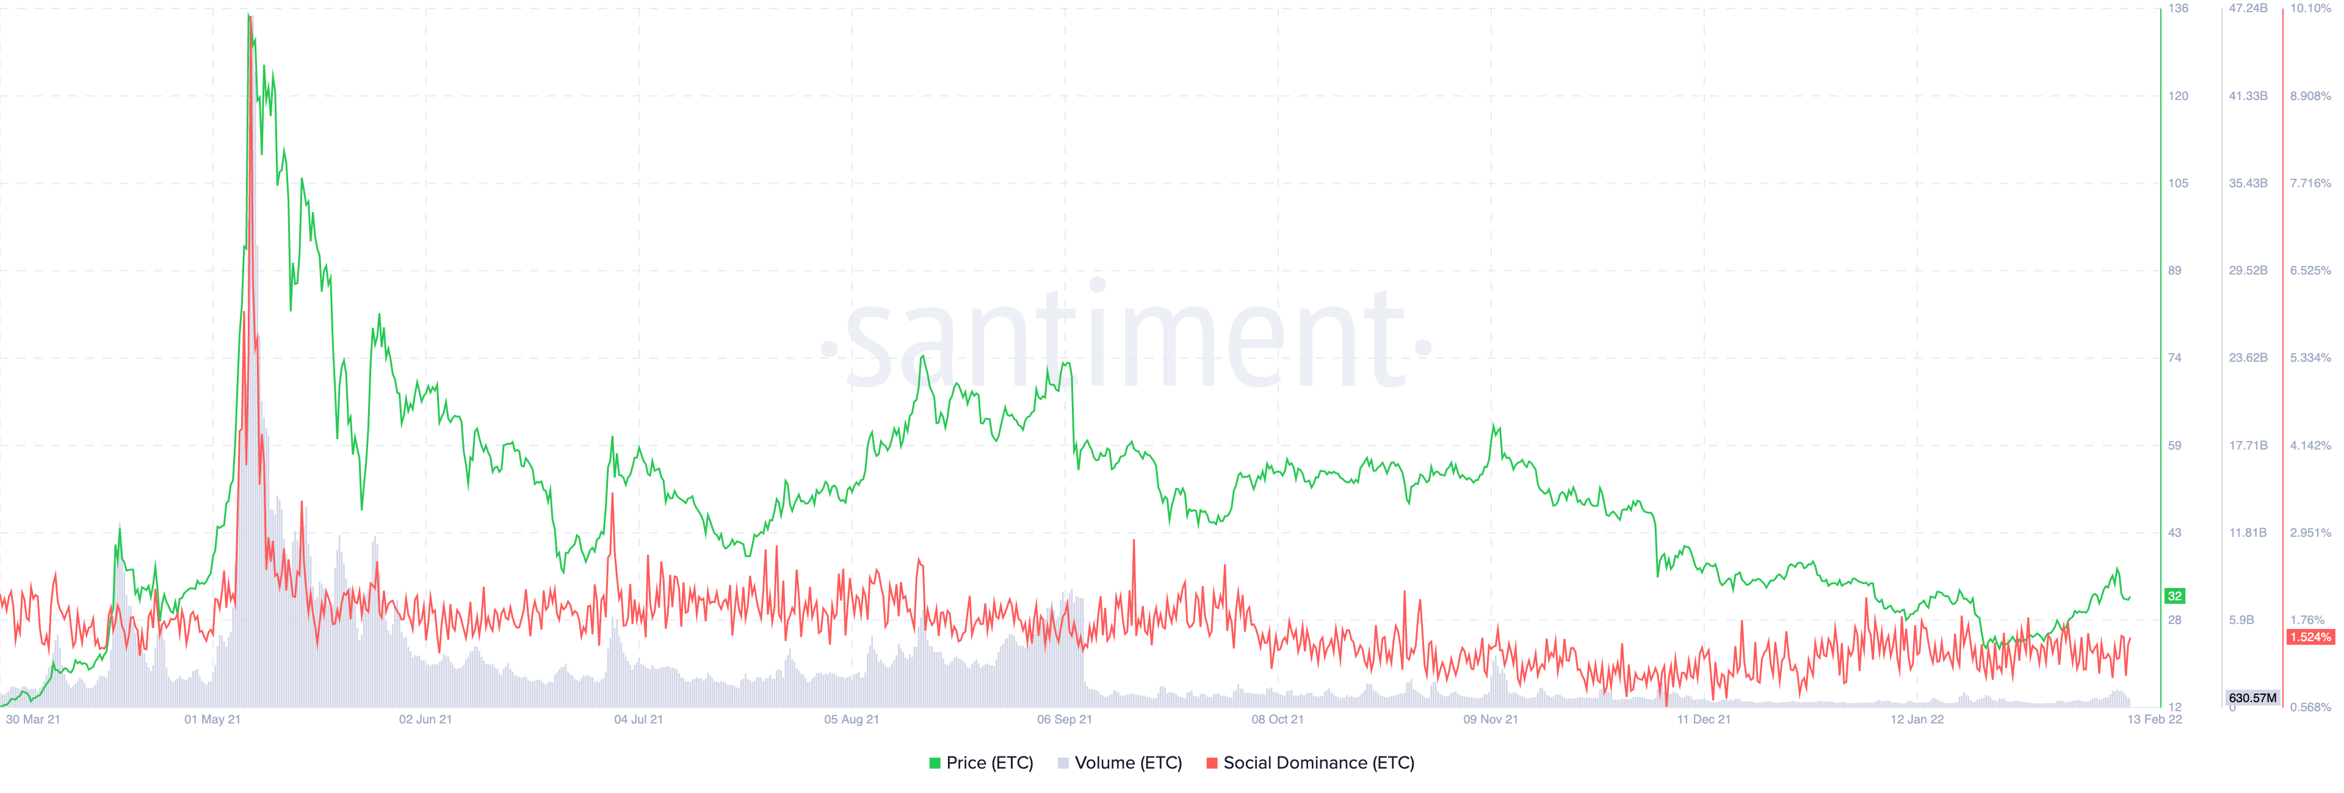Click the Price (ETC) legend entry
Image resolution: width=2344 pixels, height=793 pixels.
pos(981,763)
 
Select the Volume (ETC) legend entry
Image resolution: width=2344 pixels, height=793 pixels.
pos(1120,763)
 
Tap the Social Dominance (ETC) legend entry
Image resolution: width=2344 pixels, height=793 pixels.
pos(1311,763)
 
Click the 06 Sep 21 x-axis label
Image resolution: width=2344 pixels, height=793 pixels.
pos(1065,719)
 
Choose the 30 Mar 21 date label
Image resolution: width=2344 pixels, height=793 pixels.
pos(33,719)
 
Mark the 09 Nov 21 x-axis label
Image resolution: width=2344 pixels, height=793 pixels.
pos(1491,719)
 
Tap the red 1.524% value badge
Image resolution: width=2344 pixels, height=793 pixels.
pos(2310,637)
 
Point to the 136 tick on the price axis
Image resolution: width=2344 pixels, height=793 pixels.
pos(2177,8)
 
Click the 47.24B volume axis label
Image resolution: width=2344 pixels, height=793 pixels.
pos(2248,8)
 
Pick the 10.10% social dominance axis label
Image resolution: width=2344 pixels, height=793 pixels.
pos(2310,8)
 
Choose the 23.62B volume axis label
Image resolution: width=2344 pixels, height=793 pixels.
pos(2248,357)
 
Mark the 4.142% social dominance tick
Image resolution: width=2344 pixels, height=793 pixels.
pos(2310,446)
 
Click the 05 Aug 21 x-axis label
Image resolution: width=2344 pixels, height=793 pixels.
pos(852,719)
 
